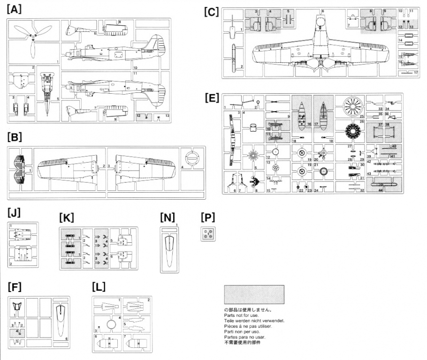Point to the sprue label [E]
tap(213, 97)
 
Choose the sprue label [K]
tap(67, 218)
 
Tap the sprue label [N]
tap(167, 217)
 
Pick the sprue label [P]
tap(207, 218)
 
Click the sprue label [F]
tap(15, 287)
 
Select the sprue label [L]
tap(99, 287)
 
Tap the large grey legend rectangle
tap(254, 295)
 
